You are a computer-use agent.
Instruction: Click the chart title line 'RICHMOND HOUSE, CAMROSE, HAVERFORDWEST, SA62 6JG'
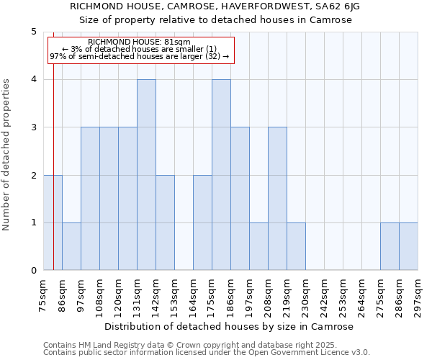[x=215, y=6]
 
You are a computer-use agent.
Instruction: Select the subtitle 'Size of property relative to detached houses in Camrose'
[x=215, y=20]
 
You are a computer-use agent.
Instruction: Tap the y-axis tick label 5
[x=33, y=32]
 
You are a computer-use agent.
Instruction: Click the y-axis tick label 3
[x=33, y=127]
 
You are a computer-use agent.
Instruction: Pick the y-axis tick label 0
[x=33, y=271]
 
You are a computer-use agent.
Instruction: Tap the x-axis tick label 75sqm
[x=43, y=295]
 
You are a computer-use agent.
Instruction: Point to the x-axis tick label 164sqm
[x=193, y=295]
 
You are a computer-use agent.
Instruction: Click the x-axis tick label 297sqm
[x=418, y=295]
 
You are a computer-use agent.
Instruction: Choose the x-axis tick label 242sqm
[x=324, y=295]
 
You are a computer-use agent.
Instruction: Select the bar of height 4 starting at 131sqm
[x=146, y=175]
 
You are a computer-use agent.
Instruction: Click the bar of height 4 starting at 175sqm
[x=221, y=175]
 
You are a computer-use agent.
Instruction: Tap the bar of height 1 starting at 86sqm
[x=71, y=247]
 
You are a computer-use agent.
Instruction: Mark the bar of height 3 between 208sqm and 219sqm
[x=277, y=199]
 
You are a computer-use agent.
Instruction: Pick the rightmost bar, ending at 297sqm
[x=408, y=247]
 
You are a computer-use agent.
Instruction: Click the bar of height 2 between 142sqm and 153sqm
[x=165, y=222]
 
